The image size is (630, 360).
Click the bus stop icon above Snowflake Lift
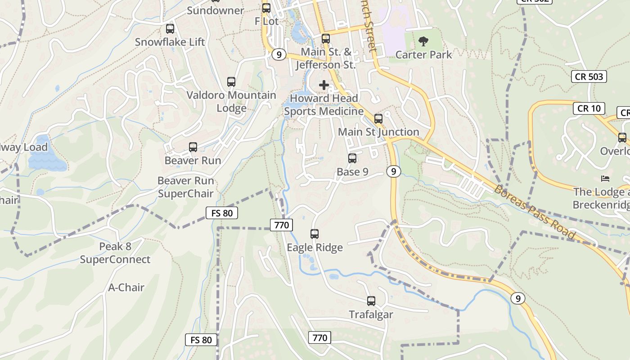click(170, 29)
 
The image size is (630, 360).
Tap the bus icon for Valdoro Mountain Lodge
click(231, 82)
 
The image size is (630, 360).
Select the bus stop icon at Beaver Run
click(193, 147)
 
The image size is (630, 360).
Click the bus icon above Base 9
click(352, 158)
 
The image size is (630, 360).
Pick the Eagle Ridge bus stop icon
click(315, 234)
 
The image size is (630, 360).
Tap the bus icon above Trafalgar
click(371, 301)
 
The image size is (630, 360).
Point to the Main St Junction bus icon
click(378, 119)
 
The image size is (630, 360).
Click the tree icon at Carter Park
click(423, 42)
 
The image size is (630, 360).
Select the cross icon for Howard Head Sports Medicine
click(324, 85)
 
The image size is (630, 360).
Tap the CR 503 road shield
click(589, 76)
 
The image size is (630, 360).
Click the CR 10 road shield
click(589, 108)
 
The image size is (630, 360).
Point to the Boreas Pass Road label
click(535, 211)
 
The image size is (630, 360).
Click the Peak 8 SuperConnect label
click(115, 253)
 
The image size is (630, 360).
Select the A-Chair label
click(126, 287)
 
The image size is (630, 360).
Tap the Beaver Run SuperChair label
click(185, 187)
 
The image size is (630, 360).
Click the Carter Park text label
click(423, 54)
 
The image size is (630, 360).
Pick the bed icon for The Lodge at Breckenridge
click(605, 179)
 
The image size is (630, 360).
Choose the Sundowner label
click(216, 10)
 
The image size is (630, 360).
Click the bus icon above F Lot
click(266, 8)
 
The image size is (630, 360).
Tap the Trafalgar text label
click(371, 315)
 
